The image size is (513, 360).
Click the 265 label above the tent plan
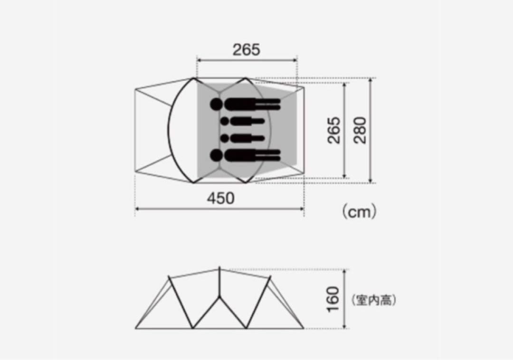coord(247,49)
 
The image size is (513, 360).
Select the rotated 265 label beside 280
coord(334,131)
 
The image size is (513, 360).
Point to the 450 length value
coord(220,198)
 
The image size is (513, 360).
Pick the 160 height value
coord(334,300)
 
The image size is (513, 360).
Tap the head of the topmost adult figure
coord(217,104)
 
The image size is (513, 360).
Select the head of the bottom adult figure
coord(217,155)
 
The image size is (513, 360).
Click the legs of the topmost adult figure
coord(268,104)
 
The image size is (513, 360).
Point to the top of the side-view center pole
coord(219,268)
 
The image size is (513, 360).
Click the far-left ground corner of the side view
coord(136,328)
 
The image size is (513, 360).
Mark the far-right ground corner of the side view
coord(304,328)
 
